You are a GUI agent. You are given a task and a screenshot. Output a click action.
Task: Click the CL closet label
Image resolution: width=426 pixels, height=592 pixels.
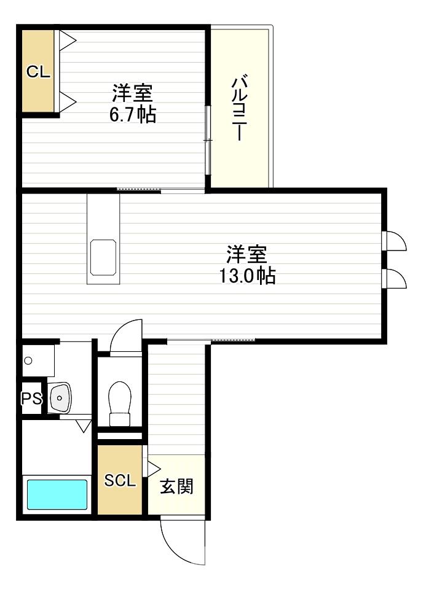tap(38, 72)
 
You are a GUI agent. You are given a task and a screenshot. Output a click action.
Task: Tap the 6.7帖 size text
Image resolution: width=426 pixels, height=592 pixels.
tap(132, 115)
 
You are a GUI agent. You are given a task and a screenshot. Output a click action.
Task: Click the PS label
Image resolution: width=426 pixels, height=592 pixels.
tap(31, 399)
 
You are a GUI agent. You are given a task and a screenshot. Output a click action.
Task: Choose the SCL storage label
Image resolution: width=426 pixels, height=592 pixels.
tap(120, 481)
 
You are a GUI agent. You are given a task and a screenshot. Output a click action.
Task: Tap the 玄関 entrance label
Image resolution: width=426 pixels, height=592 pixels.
tap(177, 486)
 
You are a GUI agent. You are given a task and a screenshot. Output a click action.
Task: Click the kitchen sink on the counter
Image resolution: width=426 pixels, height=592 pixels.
tap(103, 257)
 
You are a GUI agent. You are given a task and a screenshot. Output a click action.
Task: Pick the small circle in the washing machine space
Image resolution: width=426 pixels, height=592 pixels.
tap(28, 360)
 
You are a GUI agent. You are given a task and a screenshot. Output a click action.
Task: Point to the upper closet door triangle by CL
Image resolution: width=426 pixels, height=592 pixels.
tap(68, 41)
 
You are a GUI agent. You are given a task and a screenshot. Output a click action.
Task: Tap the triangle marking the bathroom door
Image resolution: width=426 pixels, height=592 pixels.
tap(84, 426)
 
